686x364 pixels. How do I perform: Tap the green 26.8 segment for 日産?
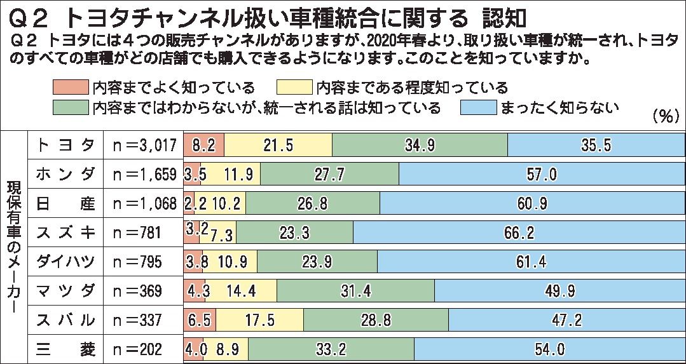[x=312, y=203]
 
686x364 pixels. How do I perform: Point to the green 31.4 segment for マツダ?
[x=355, y=291]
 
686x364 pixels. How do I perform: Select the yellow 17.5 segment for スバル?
[x=259, y=320]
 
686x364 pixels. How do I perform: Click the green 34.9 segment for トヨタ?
[x=420, y=145]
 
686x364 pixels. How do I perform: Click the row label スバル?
[x=66, y=320]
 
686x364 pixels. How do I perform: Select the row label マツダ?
[x=66, y=291]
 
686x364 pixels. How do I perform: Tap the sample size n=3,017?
[x=144, y=145]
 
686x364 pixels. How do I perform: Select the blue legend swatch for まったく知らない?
[x=477, y=106]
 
